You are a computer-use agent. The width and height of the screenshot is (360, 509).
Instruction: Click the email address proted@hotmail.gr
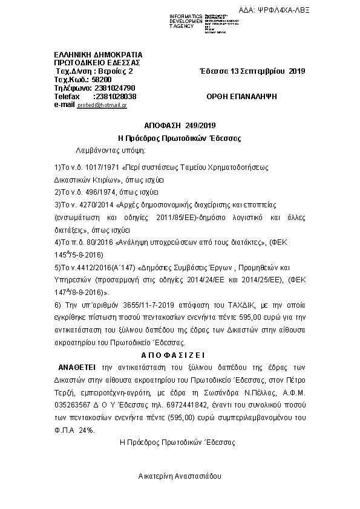click(102, 105)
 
